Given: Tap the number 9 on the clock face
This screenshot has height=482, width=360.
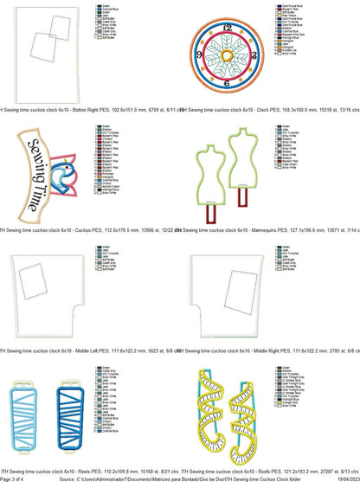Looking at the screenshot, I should coord(200,55).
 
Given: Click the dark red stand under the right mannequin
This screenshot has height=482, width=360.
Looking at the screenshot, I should coord(240,216).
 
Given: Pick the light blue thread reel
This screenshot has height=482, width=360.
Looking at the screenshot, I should coord(29,419).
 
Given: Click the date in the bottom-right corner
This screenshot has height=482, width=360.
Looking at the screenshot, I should coord(347,478).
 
